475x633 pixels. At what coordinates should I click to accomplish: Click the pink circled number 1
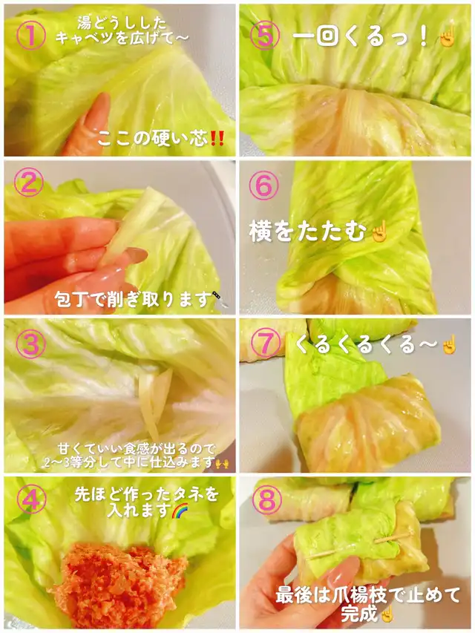(x=31, y=35)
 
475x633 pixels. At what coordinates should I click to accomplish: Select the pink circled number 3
(x=30, y=343)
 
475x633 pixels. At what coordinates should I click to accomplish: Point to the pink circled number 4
(x=31, y=499)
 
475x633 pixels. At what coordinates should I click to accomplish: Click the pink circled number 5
(x=265, y=35)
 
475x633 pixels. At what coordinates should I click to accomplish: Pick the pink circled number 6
(x=263, y=186)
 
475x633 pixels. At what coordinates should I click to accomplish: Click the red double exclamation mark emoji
(x=217, y=139)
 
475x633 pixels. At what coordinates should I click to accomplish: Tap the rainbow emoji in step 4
(x=180, y=511)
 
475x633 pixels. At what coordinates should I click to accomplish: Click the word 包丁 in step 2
(x=71, y=299)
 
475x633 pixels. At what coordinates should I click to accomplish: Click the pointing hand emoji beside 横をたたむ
(x=379, y=233)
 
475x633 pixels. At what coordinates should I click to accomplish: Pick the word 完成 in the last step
(x=359, y=614)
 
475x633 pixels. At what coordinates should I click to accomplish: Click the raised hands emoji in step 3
(x=222, y=463)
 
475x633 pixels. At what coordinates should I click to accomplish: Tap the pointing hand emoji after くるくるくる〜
(x=449, y=344)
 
